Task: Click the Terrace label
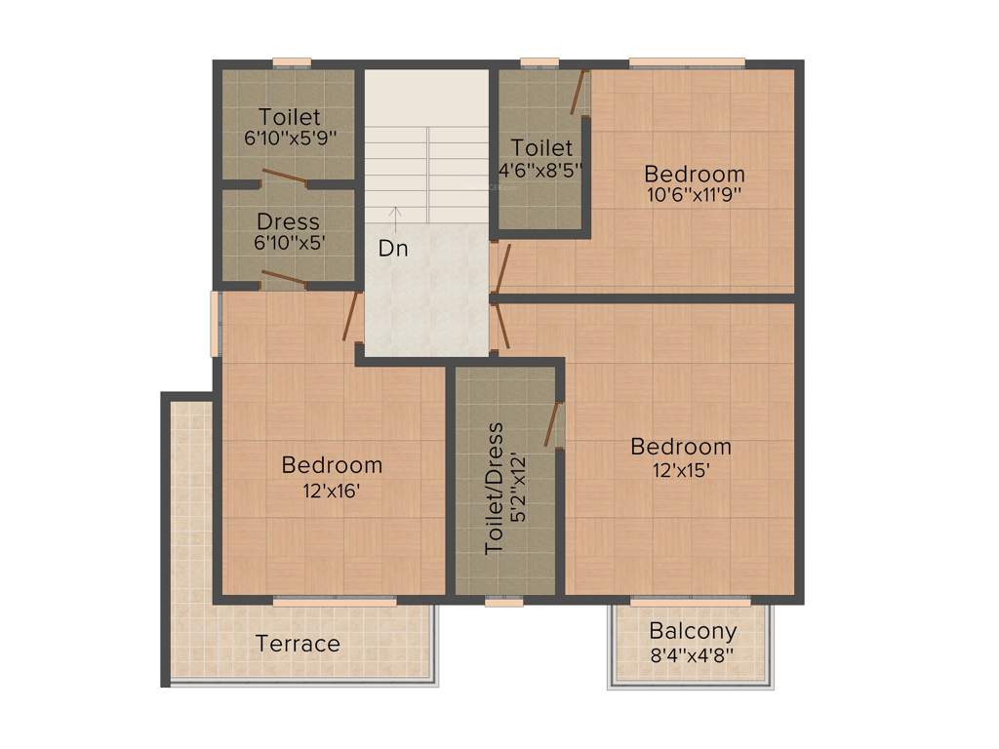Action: tap(298, 644)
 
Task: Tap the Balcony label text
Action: tap(692, 631)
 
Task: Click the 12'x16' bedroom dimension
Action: tap(332, 492)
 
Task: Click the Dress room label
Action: tap(288, 221)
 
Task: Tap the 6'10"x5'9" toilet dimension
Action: tap(290, 139)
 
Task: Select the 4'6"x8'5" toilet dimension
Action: tap(541, 170)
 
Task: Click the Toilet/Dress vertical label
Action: tap(496, 488)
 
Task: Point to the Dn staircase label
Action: tap(393, 249)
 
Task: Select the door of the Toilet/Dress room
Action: tap(554, 424)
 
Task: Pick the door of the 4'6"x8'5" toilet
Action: tap(579, 93)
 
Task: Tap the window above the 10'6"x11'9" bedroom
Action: tap(687, 63)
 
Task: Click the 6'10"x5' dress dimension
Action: tap(289, 244)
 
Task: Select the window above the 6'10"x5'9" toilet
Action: tap(291, 63)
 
